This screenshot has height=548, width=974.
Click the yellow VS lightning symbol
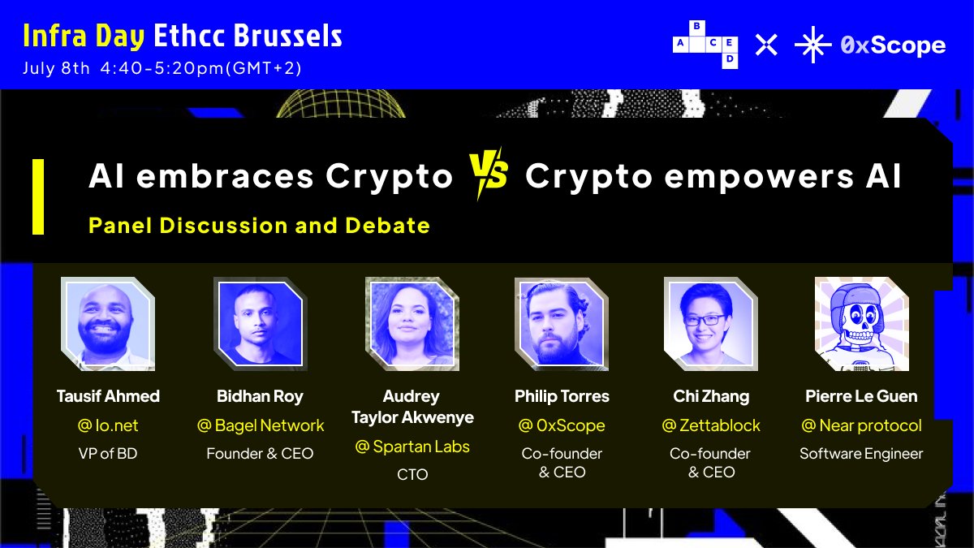click(488, 174)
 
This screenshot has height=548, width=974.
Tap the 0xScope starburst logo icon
click(812, 45)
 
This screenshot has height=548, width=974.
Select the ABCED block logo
click(705, 45)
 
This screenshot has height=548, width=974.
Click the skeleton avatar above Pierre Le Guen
click(861, 324)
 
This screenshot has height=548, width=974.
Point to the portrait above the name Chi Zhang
click(711, 324)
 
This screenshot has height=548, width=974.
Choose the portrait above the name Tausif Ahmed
click(108, 324)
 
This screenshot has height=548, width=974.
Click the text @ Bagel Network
click(260, 425)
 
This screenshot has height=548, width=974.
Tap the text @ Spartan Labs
click(412, 447)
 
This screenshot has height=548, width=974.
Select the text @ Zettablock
click(711, 425)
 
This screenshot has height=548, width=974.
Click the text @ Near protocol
click(861, 425)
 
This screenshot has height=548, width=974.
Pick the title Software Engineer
click(861, 454)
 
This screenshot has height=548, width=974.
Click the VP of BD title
click(108, 453)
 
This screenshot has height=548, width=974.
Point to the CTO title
click(412, 474)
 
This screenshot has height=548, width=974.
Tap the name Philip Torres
click(562, 396)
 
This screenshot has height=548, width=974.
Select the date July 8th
click(56, 68)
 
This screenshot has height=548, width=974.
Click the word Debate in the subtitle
click(387, 226)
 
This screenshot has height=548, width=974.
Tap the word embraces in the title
click(224, 175)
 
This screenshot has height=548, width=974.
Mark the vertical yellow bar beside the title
click(38, 196)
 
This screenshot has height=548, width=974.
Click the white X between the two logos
click(766, 45)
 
